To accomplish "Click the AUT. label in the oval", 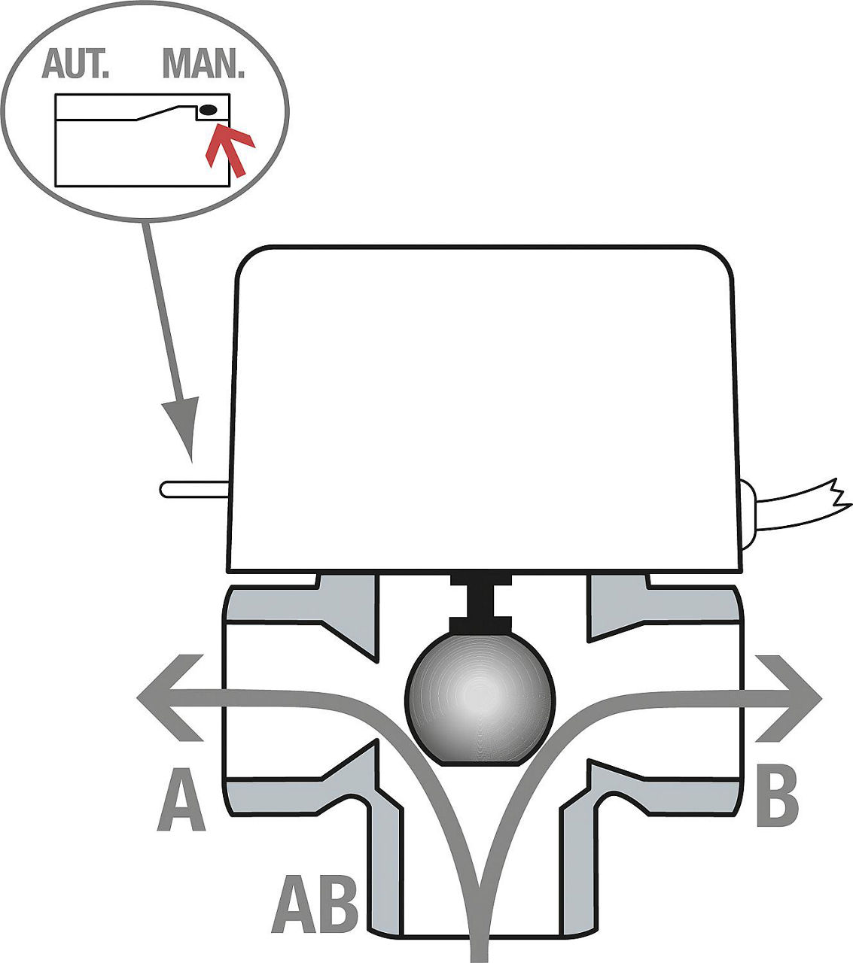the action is pyautogui.click(x=75, y=63).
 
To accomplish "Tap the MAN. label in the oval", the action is pyautogui.click(x=203, y=63).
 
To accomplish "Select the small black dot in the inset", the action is pyautogui.click(x=209, y=110).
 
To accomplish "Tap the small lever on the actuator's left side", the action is pyautogui.click(x=194, y=490).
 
